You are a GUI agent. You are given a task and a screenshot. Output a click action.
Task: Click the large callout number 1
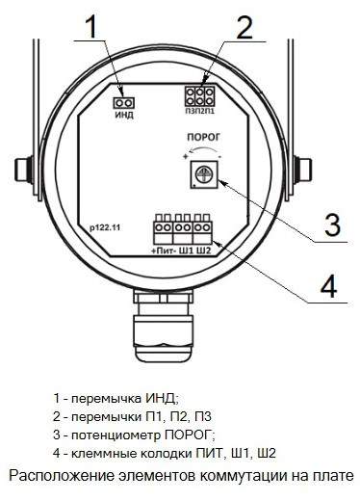(x=92, y=27)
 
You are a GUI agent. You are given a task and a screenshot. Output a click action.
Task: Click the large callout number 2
(x=244, y=27)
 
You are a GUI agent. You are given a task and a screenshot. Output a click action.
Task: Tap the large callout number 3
(x=332, y=225)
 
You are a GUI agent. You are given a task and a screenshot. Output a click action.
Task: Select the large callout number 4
(x=329, y=286)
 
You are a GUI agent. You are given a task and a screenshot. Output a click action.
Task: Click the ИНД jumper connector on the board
(x=124, y=103)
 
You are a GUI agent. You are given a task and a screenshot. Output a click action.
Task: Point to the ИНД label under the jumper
(x=124, y=115)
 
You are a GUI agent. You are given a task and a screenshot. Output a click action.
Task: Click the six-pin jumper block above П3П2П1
(x=199, y=96)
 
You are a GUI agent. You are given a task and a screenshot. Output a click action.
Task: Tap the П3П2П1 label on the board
(x=199, y=112)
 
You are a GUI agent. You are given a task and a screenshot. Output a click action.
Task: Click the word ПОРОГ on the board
(x=204, y=138)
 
